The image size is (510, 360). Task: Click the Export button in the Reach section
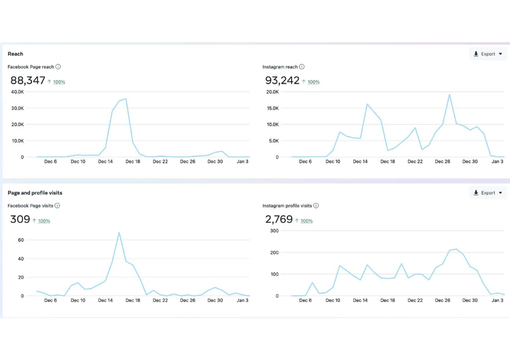coord(488,54)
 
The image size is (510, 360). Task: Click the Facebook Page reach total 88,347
coord(28,80)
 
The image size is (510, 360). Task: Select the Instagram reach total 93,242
coord(282,80)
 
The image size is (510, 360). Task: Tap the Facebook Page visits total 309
coord(20,219)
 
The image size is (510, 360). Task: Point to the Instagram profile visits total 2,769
coord(278,219)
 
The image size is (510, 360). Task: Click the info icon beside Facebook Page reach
coord(58,67)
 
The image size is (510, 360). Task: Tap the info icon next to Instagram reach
coord(302,67)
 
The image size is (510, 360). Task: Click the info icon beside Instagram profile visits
coord(316,205)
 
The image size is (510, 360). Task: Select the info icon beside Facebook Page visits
coord(57,205)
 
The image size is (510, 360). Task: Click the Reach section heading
coord(15,54)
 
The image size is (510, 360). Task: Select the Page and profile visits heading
coord(35,193)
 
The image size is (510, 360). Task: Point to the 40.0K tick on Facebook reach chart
coord(17,92)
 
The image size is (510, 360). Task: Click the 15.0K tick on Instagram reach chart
coord(272,108)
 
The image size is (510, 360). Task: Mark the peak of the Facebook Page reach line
coord(126,99)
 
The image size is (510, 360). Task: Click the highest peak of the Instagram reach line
coord(449,95)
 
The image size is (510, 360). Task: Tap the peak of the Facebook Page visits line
coord(119,233)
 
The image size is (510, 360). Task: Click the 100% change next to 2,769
coord(306,221)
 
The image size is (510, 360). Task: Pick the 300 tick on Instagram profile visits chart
coord(274,231)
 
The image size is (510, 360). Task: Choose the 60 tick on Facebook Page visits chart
coord(21,240)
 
